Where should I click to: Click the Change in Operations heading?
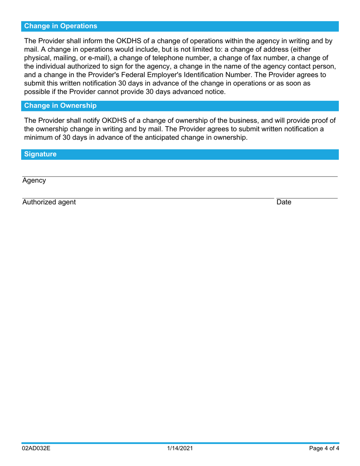(x=61, y=26)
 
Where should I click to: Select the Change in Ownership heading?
(x=60, y=106)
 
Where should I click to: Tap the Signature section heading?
(x=40, y=154)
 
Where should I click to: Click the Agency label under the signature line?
(x=34, y=181)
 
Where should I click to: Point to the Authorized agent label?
(x=49, y=202)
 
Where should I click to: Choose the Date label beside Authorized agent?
(x=284, y=202)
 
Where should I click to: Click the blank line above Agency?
(x=180, y=176)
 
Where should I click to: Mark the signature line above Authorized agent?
(x=148, y=198)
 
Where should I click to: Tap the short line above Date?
(x=307, y=198)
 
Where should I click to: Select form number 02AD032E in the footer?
(x=36, y=449)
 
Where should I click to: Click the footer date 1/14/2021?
(x=180, y=449)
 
